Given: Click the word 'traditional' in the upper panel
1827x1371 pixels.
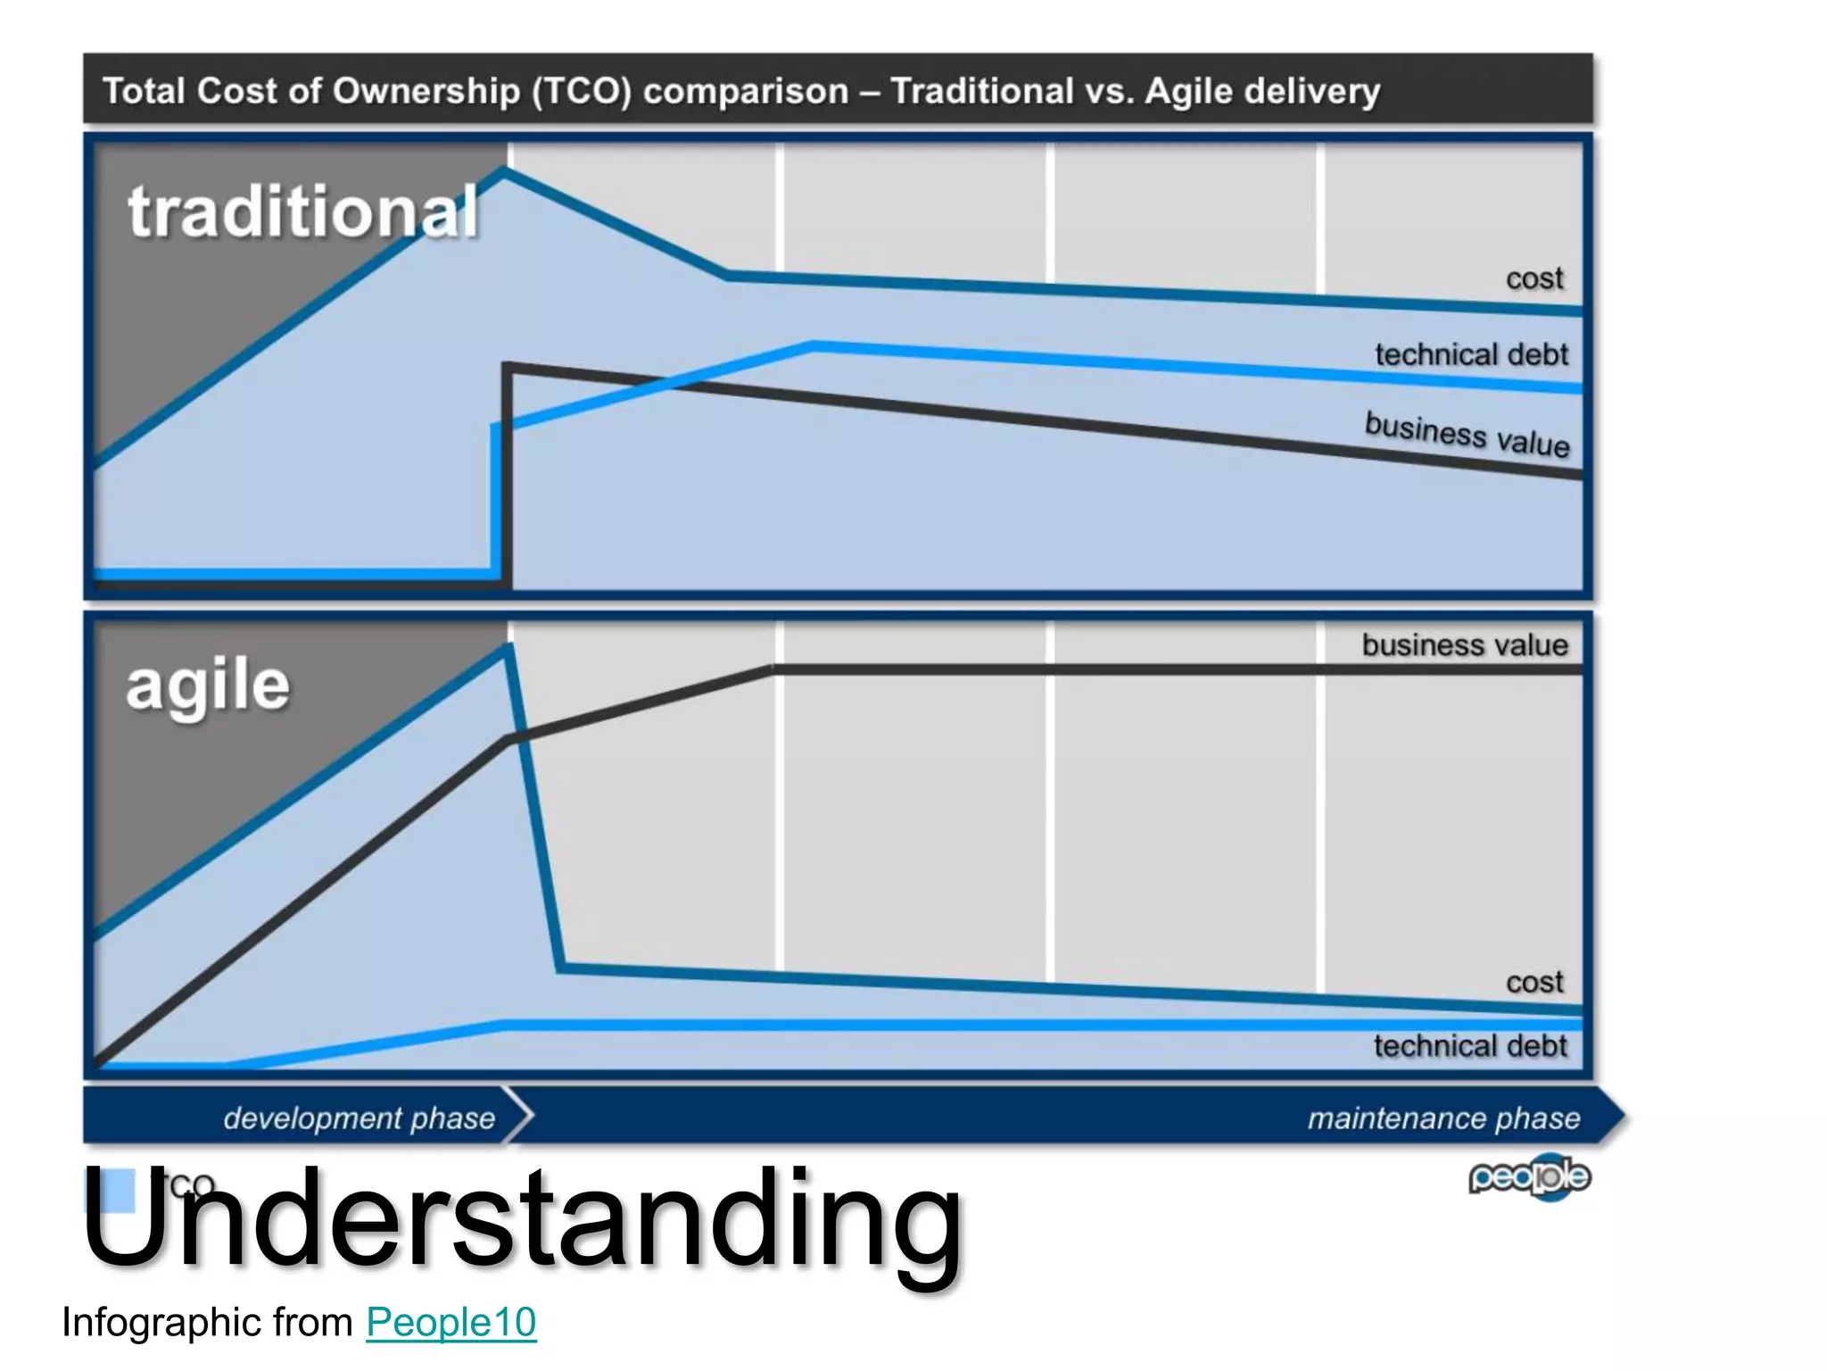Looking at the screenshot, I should click(x=303, y=212).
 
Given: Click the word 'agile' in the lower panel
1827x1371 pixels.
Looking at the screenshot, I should click(x=208, y=687).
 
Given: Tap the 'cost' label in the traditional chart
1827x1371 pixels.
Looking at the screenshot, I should click(x=1534, y=278).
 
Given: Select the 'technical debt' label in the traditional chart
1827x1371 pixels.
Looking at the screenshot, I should click(x=1471, y=354).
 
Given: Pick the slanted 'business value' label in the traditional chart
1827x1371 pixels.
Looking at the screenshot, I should click(x=1467, y=434).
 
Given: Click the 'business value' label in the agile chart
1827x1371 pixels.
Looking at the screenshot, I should click(x=1464, y=644).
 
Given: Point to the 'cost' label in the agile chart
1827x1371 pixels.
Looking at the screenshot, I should click(x=1534, y=982).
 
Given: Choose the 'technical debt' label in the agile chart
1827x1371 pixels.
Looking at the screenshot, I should click(x=1470, y=1045).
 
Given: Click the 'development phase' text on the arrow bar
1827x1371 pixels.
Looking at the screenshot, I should click(x=359, y=1118).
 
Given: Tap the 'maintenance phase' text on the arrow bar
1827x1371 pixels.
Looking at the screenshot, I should click(x=1443, y=1118).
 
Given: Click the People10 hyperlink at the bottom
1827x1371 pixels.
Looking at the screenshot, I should click(x=451, y=1322).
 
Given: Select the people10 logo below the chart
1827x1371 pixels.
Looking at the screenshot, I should click(x=1529, y=1177).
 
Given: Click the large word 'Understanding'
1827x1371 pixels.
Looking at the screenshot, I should click(x=522, y=1218).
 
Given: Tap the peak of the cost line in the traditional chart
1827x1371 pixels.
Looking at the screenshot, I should click(x=506, y=172).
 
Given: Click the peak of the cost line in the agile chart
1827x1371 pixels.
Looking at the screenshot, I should click(x=508, y=649).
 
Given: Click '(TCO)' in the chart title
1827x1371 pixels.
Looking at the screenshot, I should click(x=582, y=91).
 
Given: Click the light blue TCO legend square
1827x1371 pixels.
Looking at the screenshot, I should click(x=111, y=1190).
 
